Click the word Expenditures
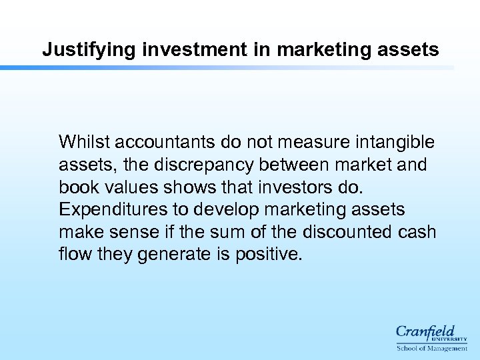pyautogui.click(x=115, y=209)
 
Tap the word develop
pyautogui.click(x=225, y=209)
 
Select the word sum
pyautogui.click(x=226, y=232)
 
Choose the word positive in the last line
pyautogui.click(x=269, y=255)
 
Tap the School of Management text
pyautogui.click(x=431, y=349)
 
